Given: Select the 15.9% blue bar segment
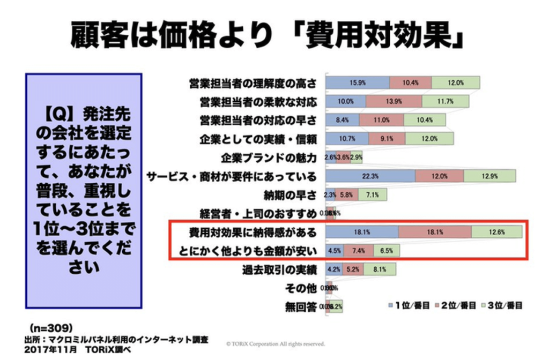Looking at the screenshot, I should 358,83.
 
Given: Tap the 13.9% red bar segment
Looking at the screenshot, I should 394,102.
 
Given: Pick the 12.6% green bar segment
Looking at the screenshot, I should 496,232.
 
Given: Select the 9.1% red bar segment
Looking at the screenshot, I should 387,139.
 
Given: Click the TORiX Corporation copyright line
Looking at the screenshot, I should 275,343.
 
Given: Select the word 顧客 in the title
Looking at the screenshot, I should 97,36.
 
